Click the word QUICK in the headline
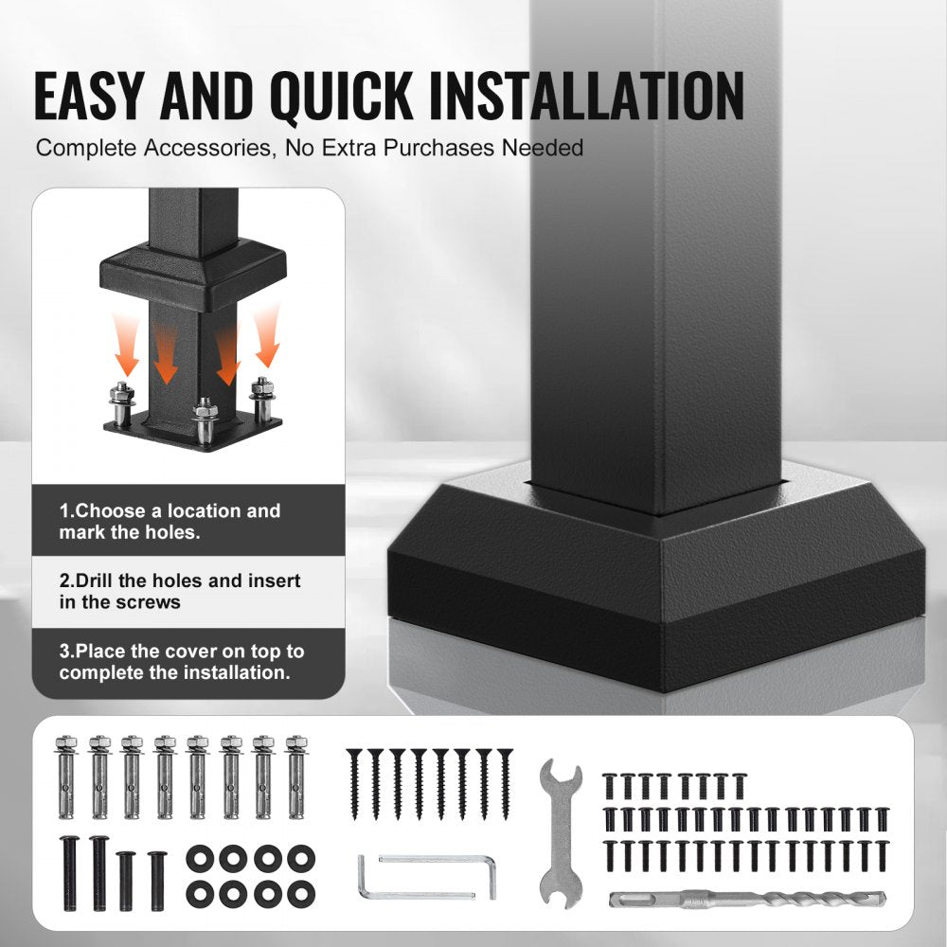(342, 97)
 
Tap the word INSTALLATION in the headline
(586, 96)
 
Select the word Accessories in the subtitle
(206, 148)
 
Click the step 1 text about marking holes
(170, 521)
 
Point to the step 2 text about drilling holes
(179, 591)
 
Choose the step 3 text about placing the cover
(181, 662)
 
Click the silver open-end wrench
(561, 833)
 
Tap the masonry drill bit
(748, 900)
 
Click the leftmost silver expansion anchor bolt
(66, 777)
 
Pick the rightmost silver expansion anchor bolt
(295, 777)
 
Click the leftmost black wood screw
(354, 784)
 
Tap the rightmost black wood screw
(505, 784)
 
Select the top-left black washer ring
(200, 858)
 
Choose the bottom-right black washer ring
(301, 894)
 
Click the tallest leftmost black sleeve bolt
(70, 873)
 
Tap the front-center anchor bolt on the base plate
(205, 421)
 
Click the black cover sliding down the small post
(192, 274)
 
